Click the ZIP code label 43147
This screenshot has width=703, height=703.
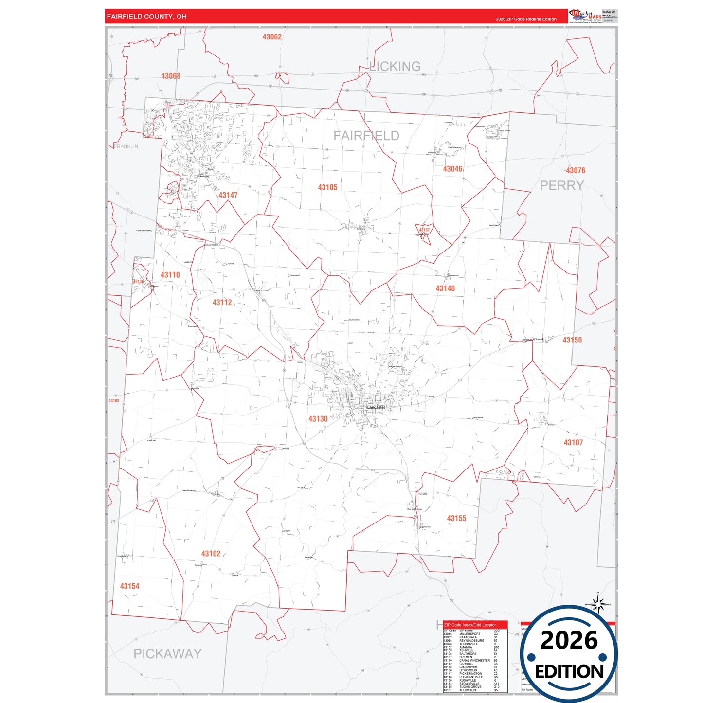228,195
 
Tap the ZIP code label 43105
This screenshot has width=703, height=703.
327,187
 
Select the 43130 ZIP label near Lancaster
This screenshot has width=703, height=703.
318,419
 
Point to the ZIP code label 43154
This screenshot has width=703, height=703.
129,586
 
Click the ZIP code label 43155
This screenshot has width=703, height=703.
456,519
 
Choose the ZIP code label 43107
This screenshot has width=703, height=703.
573,442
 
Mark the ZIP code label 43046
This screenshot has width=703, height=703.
452,169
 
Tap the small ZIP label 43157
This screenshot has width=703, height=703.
424,230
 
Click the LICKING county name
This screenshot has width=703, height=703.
395,66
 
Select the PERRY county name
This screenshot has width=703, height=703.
561,185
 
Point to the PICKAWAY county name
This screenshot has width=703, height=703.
167,654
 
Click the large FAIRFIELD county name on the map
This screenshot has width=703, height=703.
366,136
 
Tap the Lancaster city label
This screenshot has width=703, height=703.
376,407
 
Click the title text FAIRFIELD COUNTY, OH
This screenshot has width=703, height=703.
146,17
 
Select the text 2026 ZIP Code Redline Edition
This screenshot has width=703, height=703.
526,19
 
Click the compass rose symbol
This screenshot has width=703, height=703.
598,604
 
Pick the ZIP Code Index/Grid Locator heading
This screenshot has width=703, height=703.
470,625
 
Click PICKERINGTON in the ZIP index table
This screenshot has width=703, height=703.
470,674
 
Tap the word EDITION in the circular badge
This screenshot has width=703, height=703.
569,672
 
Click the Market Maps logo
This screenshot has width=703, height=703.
585,16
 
